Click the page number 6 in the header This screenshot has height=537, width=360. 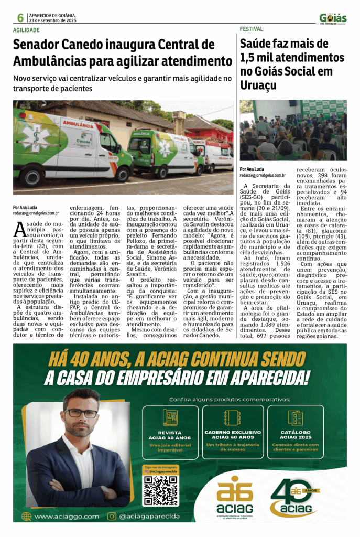[20, 18]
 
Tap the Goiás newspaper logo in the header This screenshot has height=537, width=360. [333, 18]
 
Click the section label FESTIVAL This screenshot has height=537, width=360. [252, 29]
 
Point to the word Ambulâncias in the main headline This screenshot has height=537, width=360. [49, 61]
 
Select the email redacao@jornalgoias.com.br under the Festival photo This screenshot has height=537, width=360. [263, 175]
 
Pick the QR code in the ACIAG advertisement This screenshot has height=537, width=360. [161, 491]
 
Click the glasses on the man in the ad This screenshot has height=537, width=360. [81, 413]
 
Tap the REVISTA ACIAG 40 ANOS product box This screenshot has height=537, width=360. [170, 432]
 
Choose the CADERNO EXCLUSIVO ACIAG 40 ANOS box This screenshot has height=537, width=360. [233, 432]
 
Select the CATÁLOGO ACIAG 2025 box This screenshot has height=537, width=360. [296, 432]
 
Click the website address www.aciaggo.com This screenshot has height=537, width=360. [67, 517]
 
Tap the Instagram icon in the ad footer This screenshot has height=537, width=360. [112, 517]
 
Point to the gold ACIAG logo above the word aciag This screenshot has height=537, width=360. [234, 489]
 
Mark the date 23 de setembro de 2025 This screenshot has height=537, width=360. [53, 20]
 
